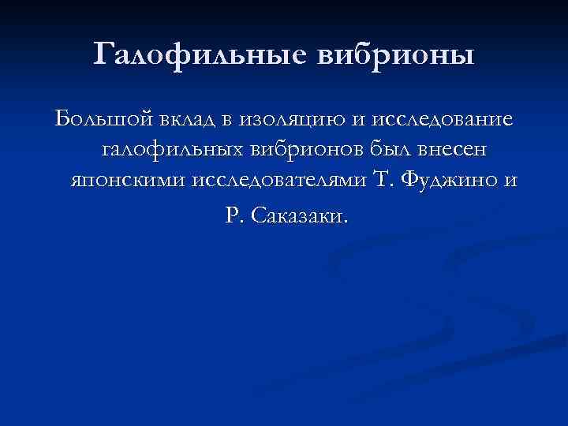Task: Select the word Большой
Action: click(101, 120)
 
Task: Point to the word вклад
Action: click(185, 120)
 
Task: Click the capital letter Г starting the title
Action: click(104, 54)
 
